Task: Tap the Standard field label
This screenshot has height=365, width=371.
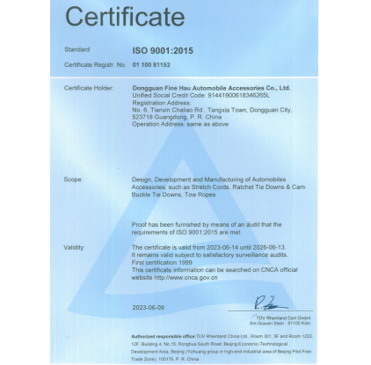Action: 77,49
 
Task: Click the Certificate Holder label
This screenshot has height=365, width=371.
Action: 89,88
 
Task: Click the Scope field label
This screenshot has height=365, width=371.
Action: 74,179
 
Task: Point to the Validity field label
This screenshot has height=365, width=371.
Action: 75,248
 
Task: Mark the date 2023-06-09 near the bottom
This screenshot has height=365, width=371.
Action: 148,309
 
